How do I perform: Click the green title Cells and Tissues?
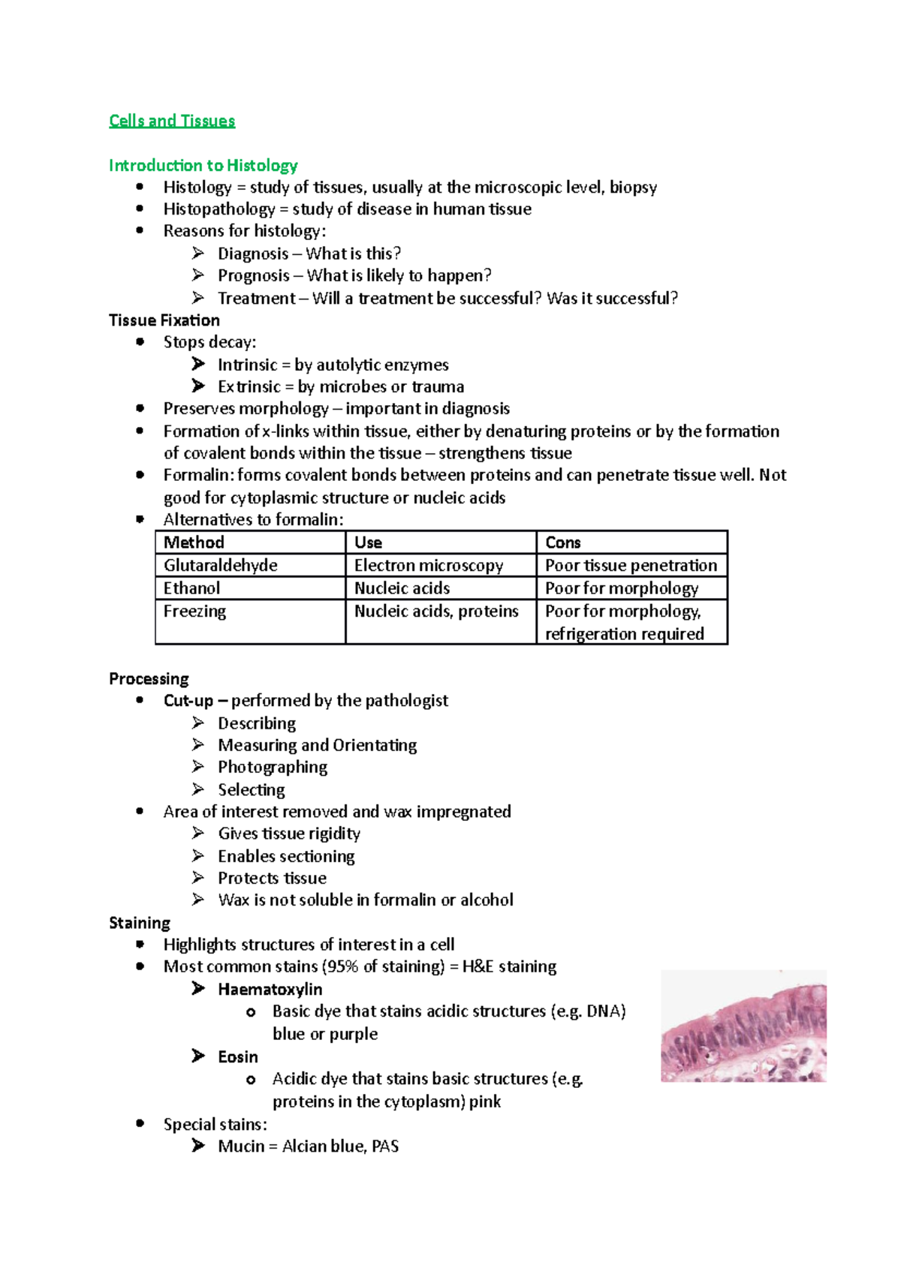point(172,121)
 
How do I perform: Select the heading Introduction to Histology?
point(203,165)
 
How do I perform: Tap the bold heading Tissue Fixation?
point(164,320)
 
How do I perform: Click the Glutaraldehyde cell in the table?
point(221,565)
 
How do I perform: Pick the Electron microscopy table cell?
point(429,565)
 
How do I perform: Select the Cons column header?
point(563,542)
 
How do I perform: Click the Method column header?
point(194,542)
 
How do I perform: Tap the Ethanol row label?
point(192,588)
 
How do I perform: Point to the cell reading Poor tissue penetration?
point(631,565)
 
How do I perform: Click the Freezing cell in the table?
point(195,611)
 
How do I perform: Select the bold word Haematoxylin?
point(270,990)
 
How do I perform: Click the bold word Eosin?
point(238,1057)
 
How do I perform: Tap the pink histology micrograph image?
point(743,1026)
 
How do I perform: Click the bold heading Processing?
point(149,679)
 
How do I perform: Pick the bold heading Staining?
point(140,923)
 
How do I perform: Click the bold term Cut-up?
point(188,701)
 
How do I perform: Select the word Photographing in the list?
point(273,767)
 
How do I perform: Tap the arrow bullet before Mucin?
point(198,1146)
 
